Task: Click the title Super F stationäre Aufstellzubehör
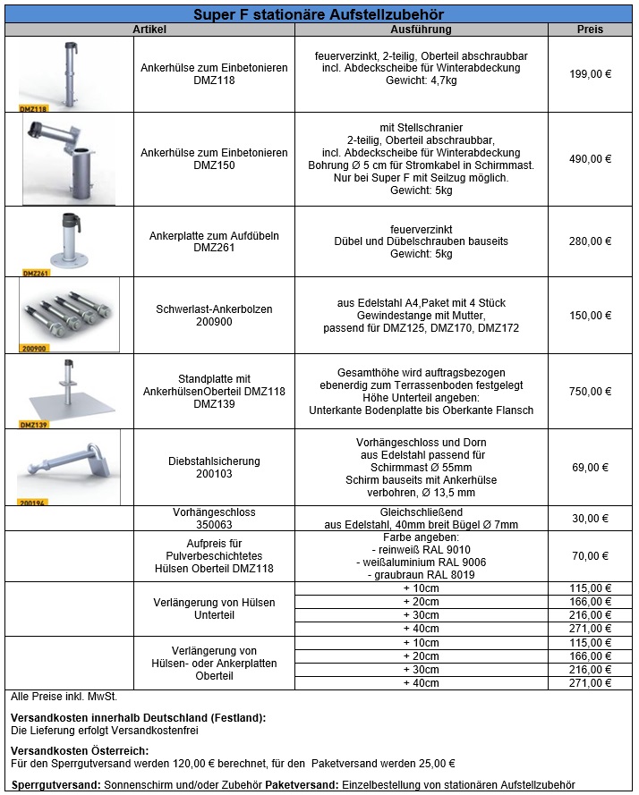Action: (319, 15)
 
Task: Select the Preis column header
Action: (590, 30)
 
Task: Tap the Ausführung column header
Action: (421, 30)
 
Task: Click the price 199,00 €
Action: (590, 75)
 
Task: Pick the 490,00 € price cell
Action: (590, 159)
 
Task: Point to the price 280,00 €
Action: (590, 241)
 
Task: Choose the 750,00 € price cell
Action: (590, 391)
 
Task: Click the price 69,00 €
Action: (590, 467)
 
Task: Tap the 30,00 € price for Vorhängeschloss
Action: (590, 519)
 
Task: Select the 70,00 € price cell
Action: (590, 556)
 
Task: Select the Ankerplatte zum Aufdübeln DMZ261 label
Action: (214, 241)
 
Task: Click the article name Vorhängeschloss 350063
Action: (214, 519)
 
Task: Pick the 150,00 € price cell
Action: (590, 316)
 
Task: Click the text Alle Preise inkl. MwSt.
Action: (64, 695)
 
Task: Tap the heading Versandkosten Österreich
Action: (80, 750)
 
